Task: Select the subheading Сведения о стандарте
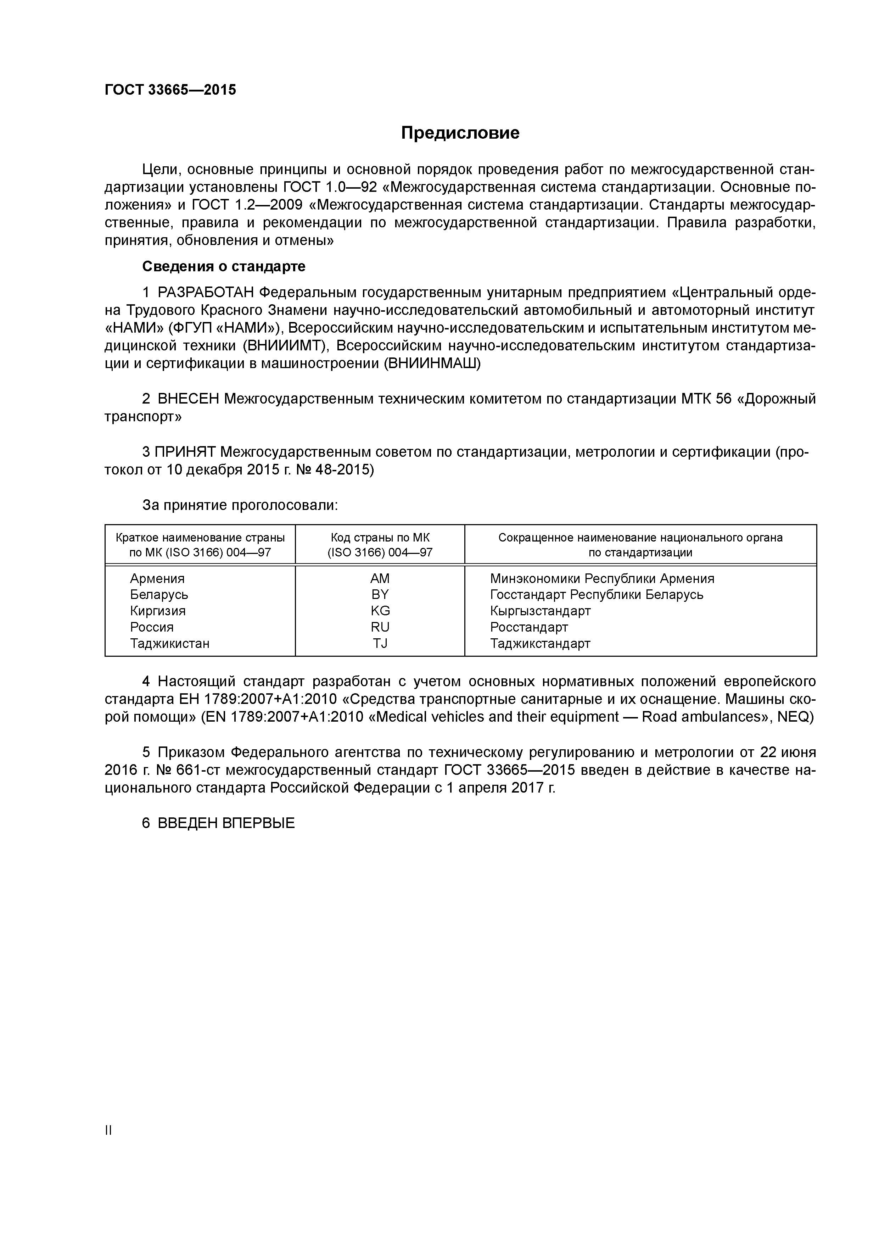pos(224,267)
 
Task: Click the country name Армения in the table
pos(157,579)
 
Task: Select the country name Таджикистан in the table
pos(169,644)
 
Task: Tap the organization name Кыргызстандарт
pos(540,611)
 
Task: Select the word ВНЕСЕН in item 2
pos(188,399)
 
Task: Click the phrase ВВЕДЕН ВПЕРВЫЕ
pos(226,823)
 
